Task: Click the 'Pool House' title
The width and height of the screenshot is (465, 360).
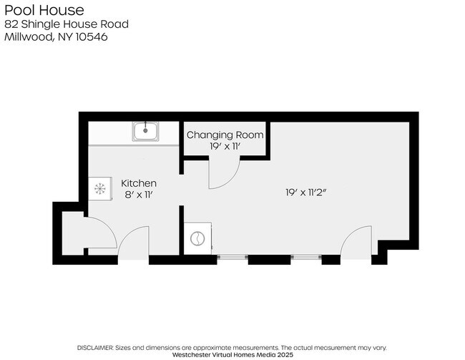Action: click(44, 10)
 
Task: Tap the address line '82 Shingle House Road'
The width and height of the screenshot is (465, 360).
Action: click(67, 24)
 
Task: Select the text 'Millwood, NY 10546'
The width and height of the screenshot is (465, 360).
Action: click(56, 37)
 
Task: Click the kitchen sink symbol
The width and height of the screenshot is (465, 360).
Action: click(146, 132)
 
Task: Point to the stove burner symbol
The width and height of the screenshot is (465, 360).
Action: click(99, 189)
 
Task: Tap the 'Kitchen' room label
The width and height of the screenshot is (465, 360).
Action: click(138, 183)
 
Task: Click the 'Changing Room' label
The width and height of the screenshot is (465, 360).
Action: click(225, 135)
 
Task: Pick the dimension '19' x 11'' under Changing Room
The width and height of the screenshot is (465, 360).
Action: click(225, 146)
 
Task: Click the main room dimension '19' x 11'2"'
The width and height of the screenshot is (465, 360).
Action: click(305, 193)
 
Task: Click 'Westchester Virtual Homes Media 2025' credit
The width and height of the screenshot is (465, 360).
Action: click(232, 354)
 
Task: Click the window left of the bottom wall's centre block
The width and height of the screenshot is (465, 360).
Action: click(232, 256)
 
